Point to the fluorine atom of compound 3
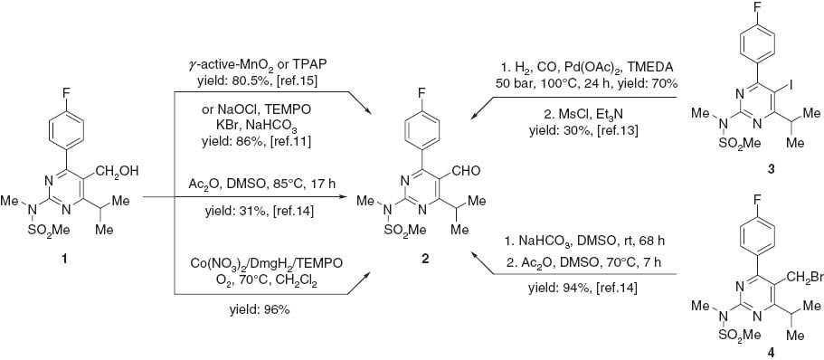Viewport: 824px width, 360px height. click(x=750, y=11)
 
